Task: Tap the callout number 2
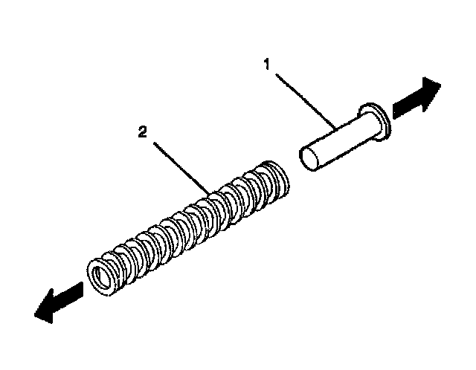click(x=142, y=133)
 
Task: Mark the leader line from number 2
click(x=178, y=166)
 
